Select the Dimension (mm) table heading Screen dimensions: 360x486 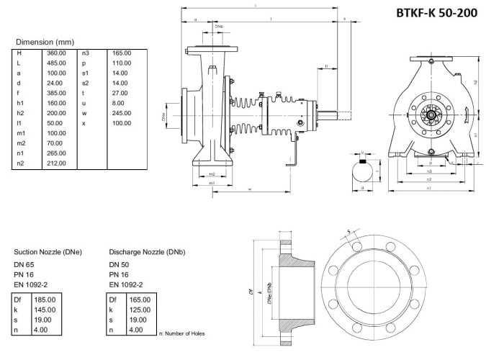pyautogui.click(x=45, y=42)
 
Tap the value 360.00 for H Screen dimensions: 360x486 pyautogui.click(x=56, y=53)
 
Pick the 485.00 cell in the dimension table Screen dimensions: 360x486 pyautogui.click(x=56, y=63)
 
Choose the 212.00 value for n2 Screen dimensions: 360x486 pyautogui.click(x=56, y=163)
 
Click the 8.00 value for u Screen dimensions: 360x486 pyautogui.click(x=119, y=104)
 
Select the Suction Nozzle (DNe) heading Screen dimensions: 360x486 pyautogui.click(x=48, y=252)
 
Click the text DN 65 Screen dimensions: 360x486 pyautogui.click(x=24, y=265)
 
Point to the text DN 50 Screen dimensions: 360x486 pyautogui.click(x=119, y=265)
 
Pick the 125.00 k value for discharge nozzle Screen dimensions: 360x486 pyautogui.click(x=140, y=310)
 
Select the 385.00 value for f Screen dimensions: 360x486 pyautogui.click(x=56, y=94)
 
